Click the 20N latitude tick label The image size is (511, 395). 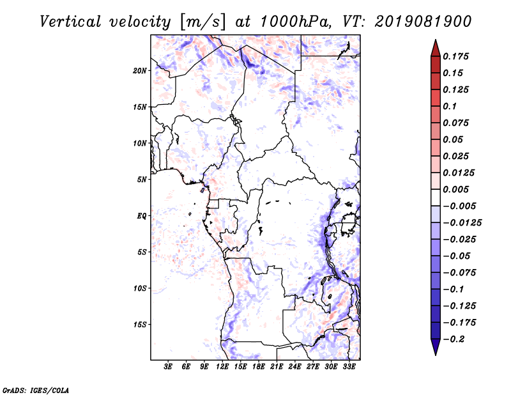[139, 70]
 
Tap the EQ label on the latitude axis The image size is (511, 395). [141, 216]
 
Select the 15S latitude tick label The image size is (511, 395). [140, 325]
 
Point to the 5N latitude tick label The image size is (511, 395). [142, 180]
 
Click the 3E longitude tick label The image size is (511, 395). [167, 367]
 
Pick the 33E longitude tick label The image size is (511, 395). [349, 367]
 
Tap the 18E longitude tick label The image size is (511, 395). [259, 367]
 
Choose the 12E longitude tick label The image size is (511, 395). [222, 367]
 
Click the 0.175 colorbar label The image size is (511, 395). [455, 56]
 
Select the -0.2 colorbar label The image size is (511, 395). [454, 339]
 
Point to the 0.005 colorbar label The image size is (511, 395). [455, 189]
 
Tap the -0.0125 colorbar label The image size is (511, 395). [462, 223]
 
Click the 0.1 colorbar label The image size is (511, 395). [450, 106]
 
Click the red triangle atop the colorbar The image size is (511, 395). [436, 48]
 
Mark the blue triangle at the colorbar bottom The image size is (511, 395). [436, 347]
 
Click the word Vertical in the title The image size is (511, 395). [70, 22]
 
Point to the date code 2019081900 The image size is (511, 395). [423, 22]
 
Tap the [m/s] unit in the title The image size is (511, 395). [202, 22]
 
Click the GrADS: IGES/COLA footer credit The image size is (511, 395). [35, 390]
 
